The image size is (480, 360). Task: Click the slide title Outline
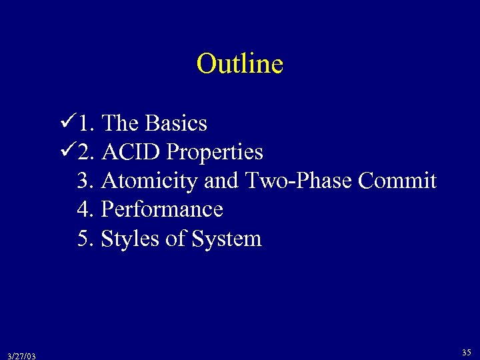240,64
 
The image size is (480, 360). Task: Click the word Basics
176,123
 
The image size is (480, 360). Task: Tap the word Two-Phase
300,181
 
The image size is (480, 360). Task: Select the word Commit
398,181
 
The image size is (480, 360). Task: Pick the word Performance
161,209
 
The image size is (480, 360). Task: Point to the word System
227,239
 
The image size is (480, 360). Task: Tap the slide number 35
467,351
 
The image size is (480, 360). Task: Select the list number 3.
84,181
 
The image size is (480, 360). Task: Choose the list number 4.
84,209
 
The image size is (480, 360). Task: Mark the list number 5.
84,238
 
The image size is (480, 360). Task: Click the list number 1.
84,123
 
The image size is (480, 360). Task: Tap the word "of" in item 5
175,238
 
